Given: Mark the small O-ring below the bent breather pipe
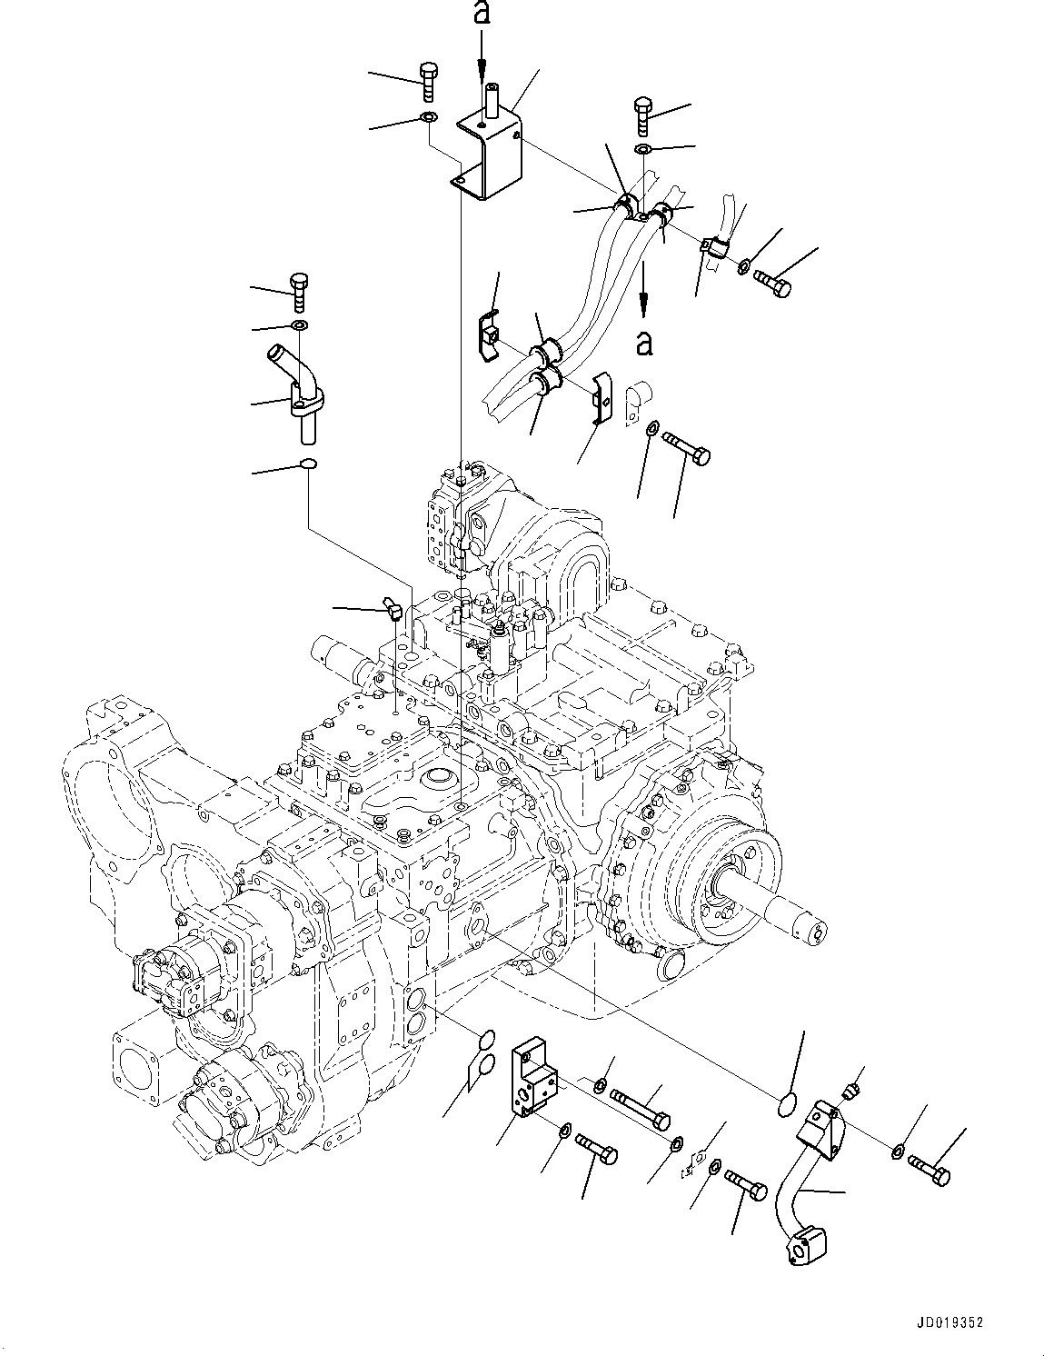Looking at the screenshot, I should pos(309,465).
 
